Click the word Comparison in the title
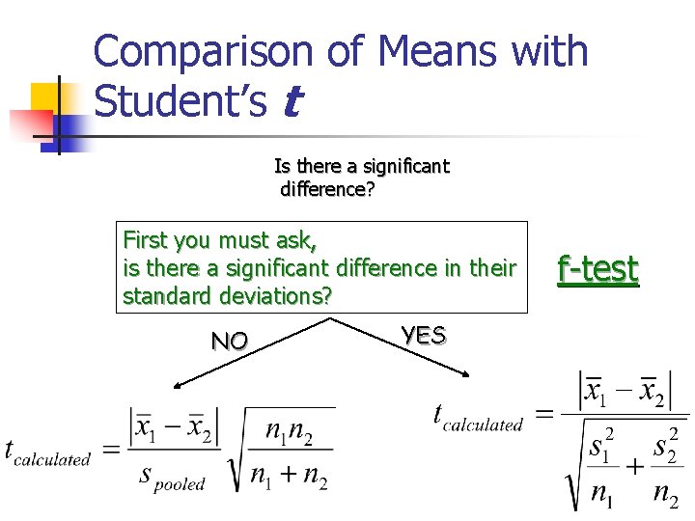pyautogui.click(x=205, y=51)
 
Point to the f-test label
pyautogui.click(x=598, y=269)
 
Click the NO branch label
pyautogui.click(x=230, y=340)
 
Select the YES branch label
pyautogui.click(x=424, y=336)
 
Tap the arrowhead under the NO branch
pyautogui.click(x=178, y=387)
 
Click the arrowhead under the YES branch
pyautogui.click(x=468, y=376)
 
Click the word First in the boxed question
pyautogui.click(x=145, y=238)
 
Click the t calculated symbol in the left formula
pyautogui.click(x=45, y=452)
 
